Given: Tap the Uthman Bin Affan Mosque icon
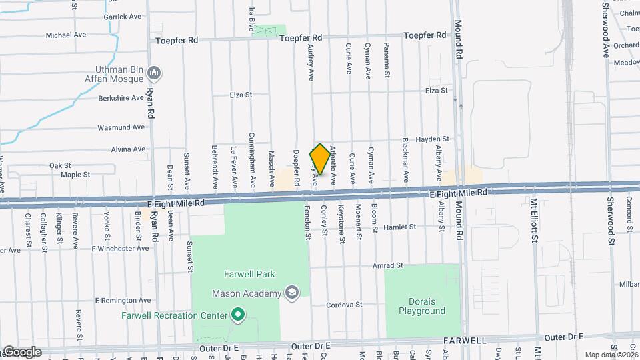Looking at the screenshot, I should (155, 72).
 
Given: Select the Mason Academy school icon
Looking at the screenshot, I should (291, 293).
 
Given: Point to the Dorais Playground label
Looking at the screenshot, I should (421, 306).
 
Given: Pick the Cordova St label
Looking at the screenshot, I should (344, 305).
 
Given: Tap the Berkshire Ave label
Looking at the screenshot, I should (121, 97).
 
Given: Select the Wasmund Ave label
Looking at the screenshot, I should (121, 127).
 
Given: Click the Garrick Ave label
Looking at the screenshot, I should (123, 17).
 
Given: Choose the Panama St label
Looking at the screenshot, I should (387, 57).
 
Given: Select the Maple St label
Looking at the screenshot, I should (75, 175).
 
